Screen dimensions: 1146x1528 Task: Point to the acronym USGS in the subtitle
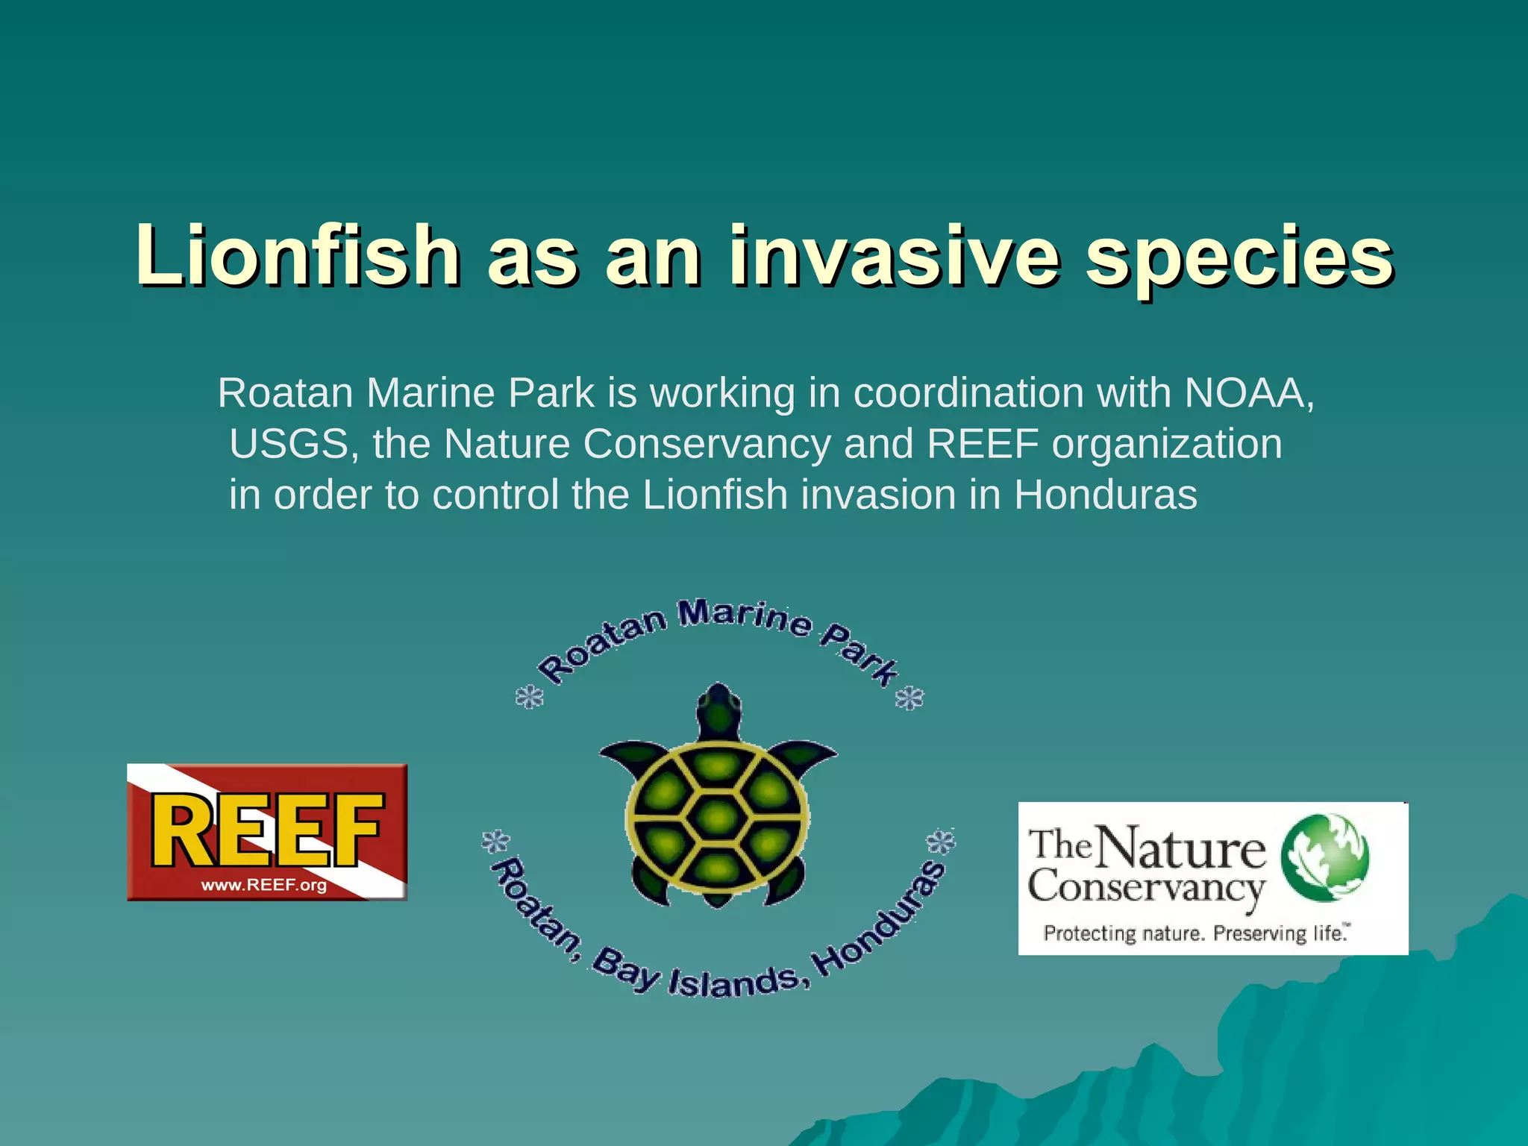coord(289,444)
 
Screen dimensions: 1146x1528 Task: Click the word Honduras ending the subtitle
coord(1105,495)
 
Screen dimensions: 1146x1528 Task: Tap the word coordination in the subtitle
coord(968,393)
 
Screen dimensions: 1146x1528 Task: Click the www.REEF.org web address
coord(264,886)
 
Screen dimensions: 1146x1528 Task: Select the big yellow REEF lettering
coord(267,830)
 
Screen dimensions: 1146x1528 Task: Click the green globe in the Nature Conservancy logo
coord(1324,858)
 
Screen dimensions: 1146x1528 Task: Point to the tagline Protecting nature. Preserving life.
coord(1196,933)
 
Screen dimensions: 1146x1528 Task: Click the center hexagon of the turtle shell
coord(717,817)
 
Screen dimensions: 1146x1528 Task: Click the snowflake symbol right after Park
coord(909,699)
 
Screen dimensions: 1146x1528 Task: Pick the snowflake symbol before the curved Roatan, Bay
coord(495,842)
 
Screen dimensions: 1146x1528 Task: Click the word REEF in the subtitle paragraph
coord(983,444)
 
